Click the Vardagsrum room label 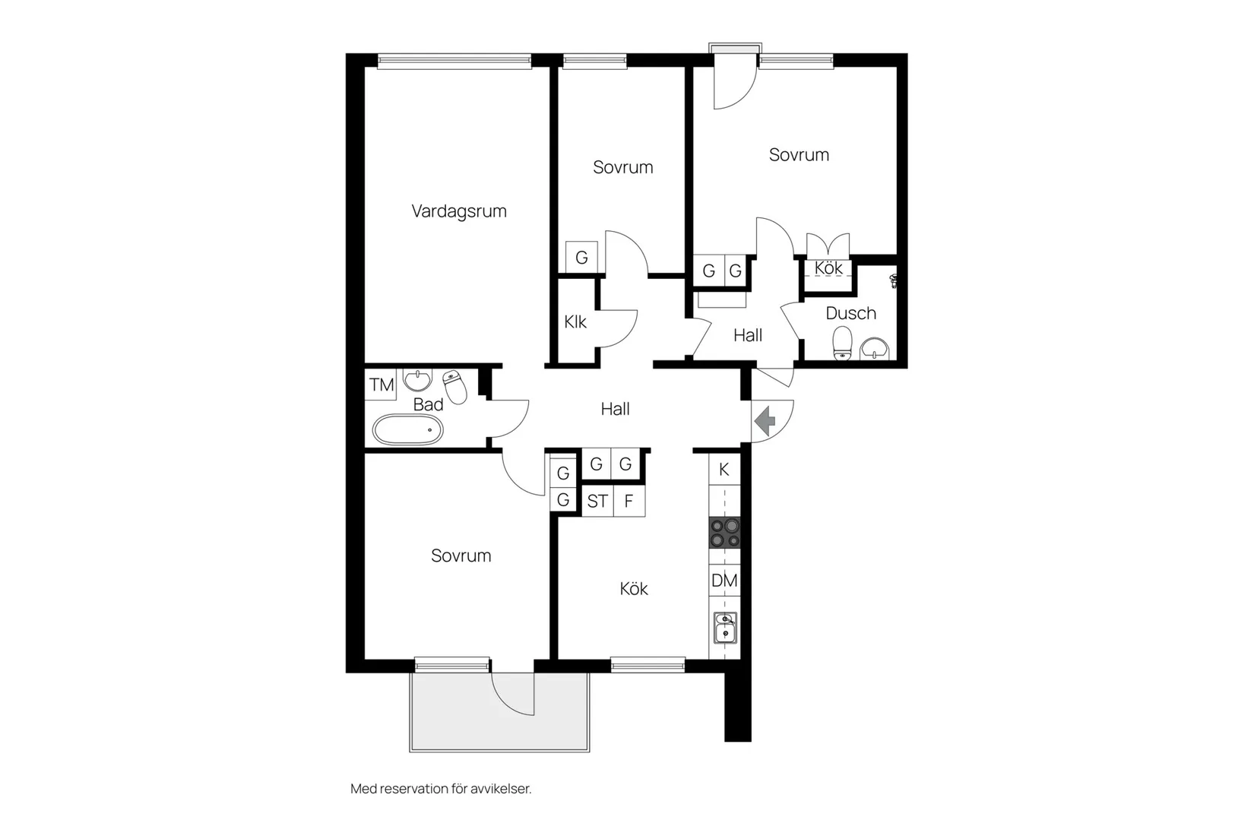(458, 211)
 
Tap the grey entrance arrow (765, 420)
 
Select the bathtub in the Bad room (407, 430)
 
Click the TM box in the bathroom (382, 385)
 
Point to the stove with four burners (724, 532)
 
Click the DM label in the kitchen (724, 581)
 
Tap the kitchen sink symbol (725, 629)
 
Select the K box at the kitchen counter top (724, 470)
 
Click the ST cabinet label (597, 502)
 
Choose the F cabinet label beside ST (629, 502)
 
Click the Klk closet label (575, 322)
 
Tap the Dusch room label (850, 313)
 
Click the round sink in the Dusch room (875, 348)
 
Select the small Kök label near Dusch (828, 268)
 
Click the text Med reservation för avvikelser (441, 789)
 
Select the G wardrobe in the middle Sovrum (581, 258)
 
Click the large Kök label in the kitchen (633, 589)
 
